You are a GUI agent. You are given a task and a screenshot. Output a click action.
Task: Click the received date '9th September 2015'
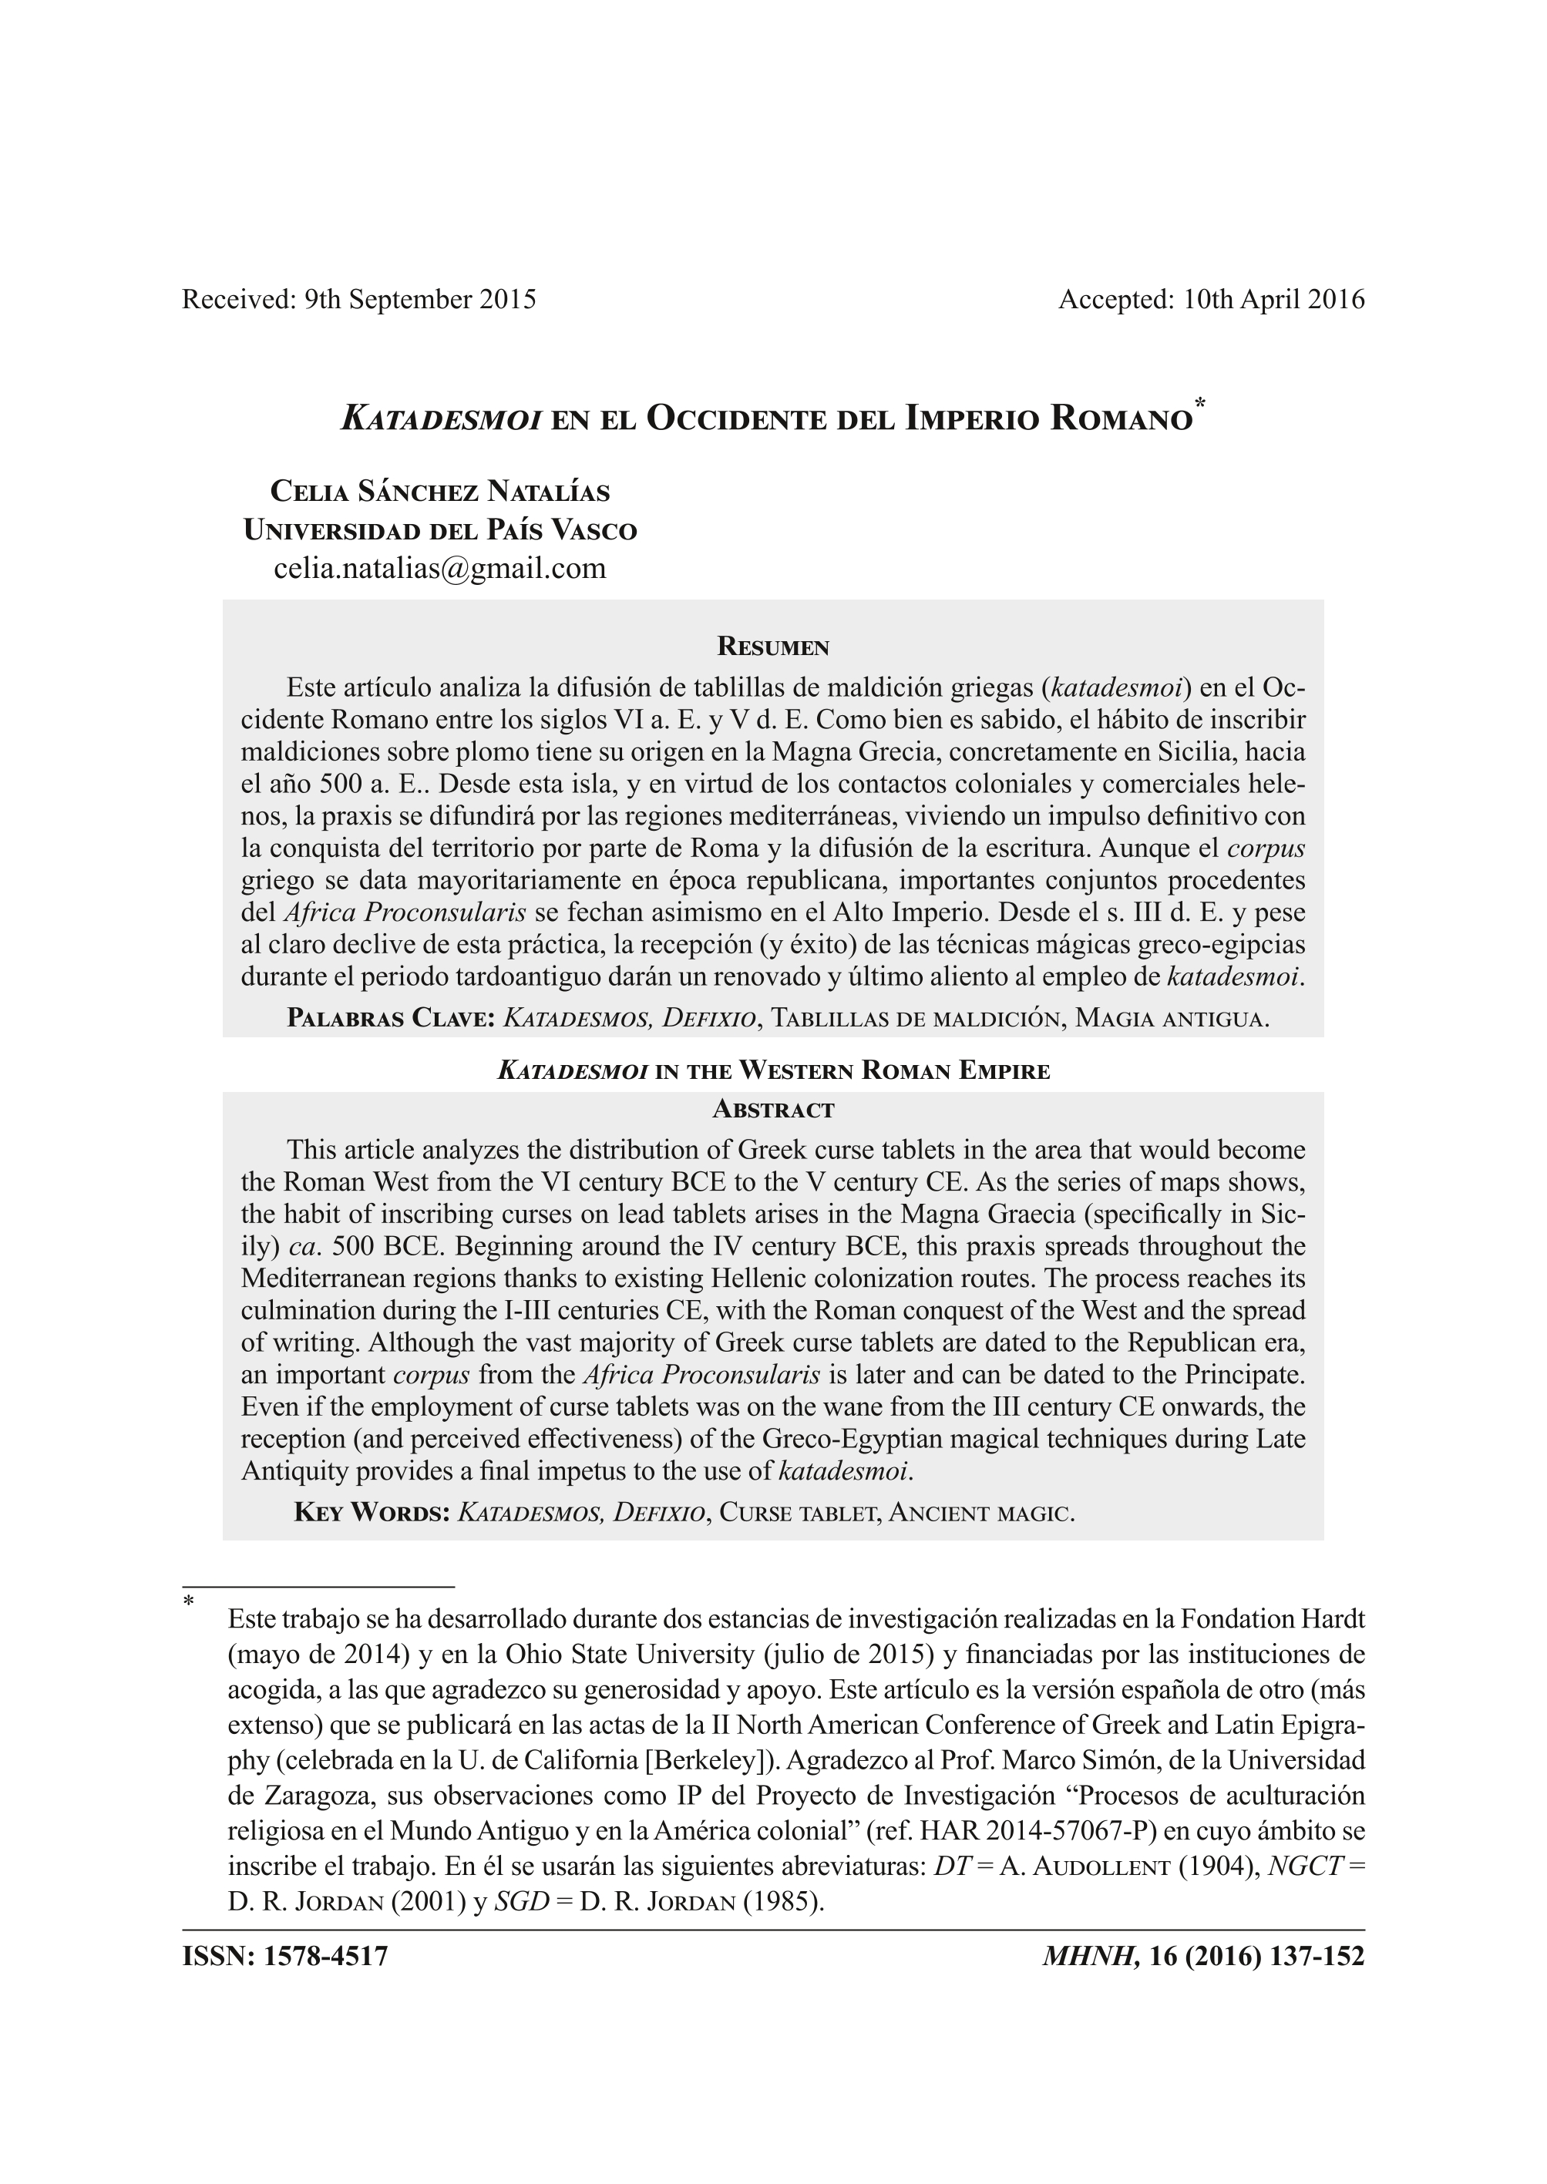click(420, 300)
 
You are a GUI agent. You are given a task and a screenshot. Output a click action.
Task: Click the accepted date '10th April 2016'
click(1273, 300)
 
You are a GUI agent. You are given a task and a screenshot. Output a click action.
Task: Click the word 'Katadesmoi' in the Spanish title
click(441, 419)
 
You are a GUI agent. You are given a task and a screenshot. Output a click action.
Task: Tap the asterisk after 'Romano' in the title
click(1200, 404)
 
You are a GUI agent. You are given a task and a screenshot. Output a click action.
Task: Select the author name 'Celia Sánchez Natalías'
click(440, 492)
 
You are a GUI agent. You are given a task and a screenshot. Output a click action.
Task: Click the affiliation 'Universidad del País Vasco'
click(440, 530)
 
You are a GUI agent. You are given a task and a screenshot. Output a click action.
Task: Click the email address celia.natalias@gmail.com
click(440, 569)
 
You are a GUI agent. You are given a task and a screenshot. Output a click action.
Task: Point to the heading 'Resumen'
click(772, 647)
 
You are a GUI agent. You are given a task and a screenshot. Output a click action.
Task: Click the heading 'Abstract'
click(772, 1110)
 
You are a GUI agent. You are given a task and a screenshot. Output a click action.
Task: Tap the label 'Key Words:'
click(372, 1513)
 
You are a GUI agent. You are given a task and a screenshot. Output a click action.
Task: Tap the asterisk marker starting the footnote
click(189, 1602)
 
